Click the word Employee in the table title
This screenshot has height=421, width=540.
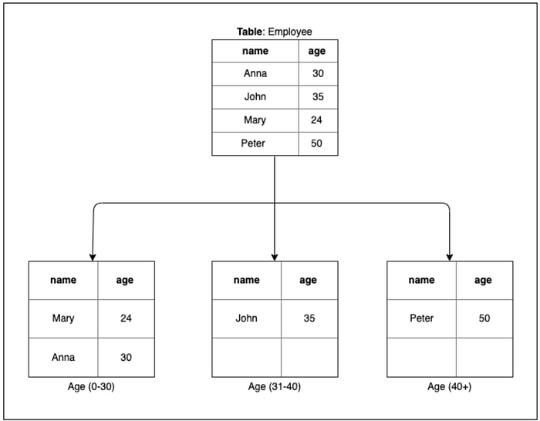pos(290,32)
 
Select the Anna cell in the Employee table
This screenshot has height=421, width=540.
pos(255,73)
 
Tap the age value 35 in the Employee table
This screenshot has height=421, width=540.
pos(318,96)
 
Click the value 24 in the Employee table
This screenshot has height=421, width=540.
pos(316,120)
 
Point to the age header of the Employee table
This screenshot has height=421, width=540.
pos(317,52)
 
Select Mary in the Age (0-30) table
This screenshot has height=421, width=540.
pos(63,318)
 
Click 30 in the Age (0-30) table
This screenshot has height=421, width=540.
pos(126,357)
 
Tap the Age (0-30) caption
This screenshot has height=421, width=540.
pos(91,386)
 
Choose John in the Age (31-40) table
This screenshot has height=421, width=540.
pos(246,318)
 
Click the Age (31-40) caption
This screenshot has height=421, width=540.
pos(275,386)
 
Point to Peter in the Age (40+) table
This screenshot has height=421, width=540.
pos(421,318)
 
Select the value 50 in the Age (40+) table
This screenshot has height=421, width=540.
pos(484,318)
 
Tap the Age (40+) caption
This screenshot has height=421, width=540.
pos(450,386)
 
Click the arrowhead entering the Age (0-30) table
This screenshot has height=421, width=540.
pos(93,258)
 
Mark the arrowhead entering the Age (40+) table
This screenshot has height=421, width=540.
pos(450,258)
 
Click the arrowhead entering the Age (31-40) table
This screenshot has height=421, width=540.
pos(275,258)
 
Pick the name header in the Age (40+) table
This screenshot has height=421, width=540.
pos(421,280)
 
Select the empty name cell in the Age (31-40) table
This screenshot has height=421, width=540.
pos(247,357)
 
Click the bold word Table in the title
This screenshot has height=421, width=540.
pos(249,32)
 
